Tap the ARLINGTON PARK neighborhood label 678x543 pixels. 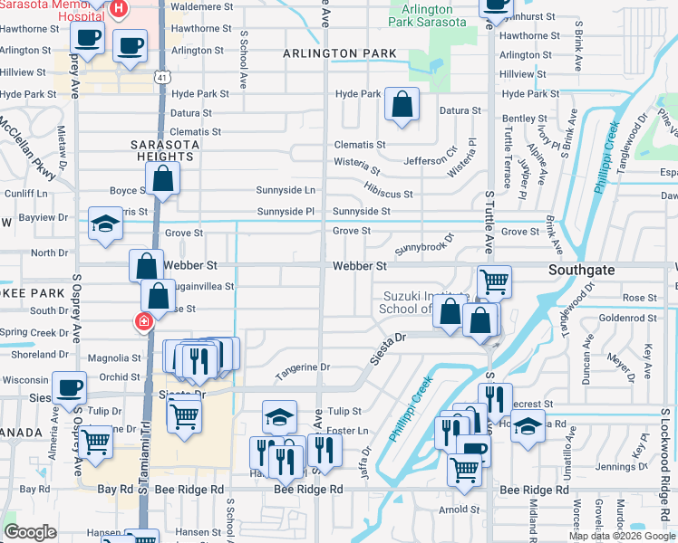339,53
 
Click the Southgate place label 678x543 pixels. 582,270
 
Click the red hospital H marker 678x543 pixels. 119,9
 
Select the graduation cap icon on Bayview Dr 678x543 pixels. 105,224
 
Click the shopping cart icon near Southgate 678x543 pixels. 494,281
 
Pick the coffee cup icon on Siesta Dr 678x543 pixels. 69,387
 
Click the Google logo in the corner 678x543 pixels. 31,532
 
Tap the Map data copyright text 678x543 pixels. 622,536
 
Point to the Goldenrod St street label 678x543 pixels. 622,318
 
